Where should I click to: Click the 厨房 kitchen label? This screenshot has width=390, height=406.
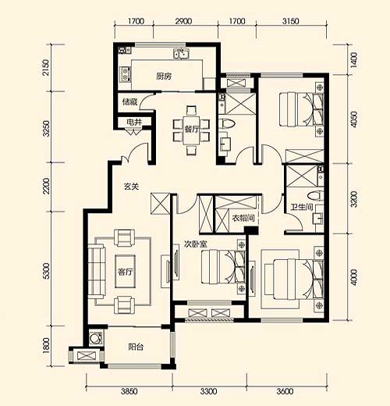pos(164,77)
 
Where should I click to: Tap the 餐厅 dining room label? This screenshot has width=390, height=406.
pos(192,129)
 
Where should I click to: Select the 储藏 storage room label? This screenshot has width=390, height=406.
pos(129,101)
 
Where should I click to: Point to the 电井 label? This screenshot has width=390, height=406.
pos(134,122)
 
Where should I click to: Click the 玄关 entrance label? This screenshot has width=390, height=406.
pos(132,187)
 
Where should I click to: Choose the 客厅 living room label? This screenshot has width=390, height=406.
pos(126,272)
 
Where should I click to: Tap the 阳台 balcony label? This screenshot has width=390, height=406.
pos(136,347)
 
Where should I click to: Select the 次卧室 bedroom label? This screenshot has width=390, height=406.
pos(196,244)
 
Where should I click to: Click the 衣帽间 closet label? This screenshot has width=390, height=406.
pos(243,218)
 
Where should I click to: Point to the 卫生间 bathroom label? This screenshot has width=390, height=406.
pos(302,207)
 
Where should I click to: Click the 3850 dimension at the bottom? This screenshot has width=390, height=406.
pos(129,391)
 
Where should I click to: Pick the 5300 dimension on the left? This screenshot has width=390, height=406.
pos(46,271)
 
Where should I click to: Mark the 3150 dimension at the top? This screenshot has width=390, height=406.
pos(291,21)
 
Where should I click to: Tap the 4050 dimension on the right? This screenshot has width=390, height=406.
pos(354,119)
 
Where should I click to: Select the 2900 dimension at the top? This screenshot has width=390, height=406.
pos(183,21)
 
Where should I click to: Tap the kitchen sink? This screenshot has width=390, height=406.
pos(181,54)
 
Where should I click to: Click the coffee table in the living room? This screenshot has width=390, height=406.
pos(126,272)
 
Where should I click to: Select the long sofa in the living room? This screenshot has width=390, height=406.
pos(97,271)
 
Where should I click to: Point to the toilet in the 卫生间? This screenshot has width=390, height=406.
pos(315,195)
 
